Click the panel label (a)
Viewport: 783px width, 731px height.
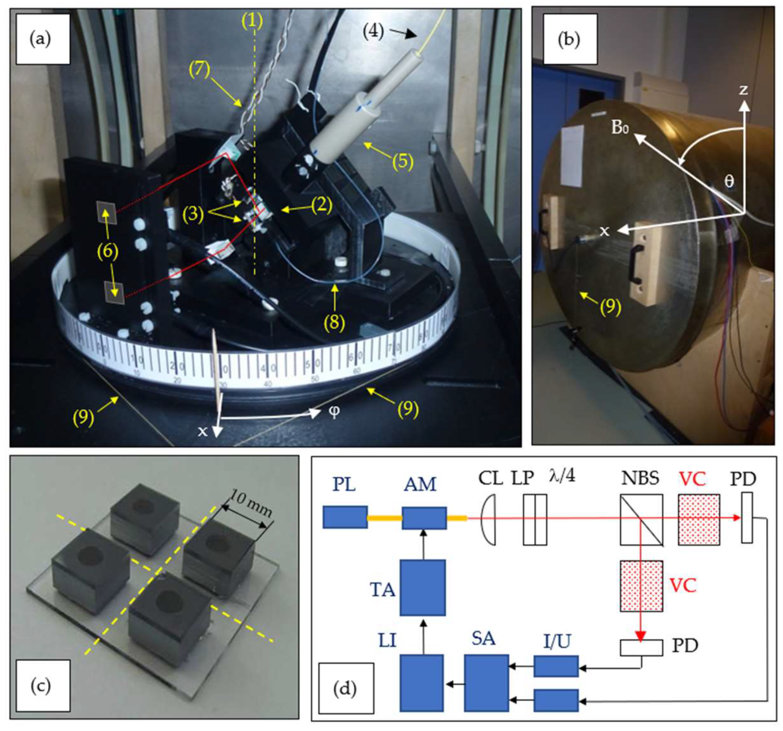(x=40, y=39)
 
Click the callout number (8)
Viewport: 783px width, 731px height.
(x=335, y=322)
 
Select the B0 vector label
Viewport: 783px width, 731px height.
(x=619, y=128)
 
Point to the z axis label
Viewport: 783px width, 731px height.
(x=743, y=90)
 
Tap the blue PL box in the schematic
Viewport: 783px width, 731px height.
(x=345, y=517)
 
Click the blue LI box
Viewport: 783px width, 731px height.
(x=422, y=683)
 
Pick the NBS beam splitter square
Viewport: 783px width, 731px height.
(x=641, y=520)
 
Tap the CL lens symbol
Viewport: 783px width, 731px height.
(x=489, y=520)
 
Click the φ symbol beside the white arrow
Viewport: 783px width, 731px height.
(x=334, y=412)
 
